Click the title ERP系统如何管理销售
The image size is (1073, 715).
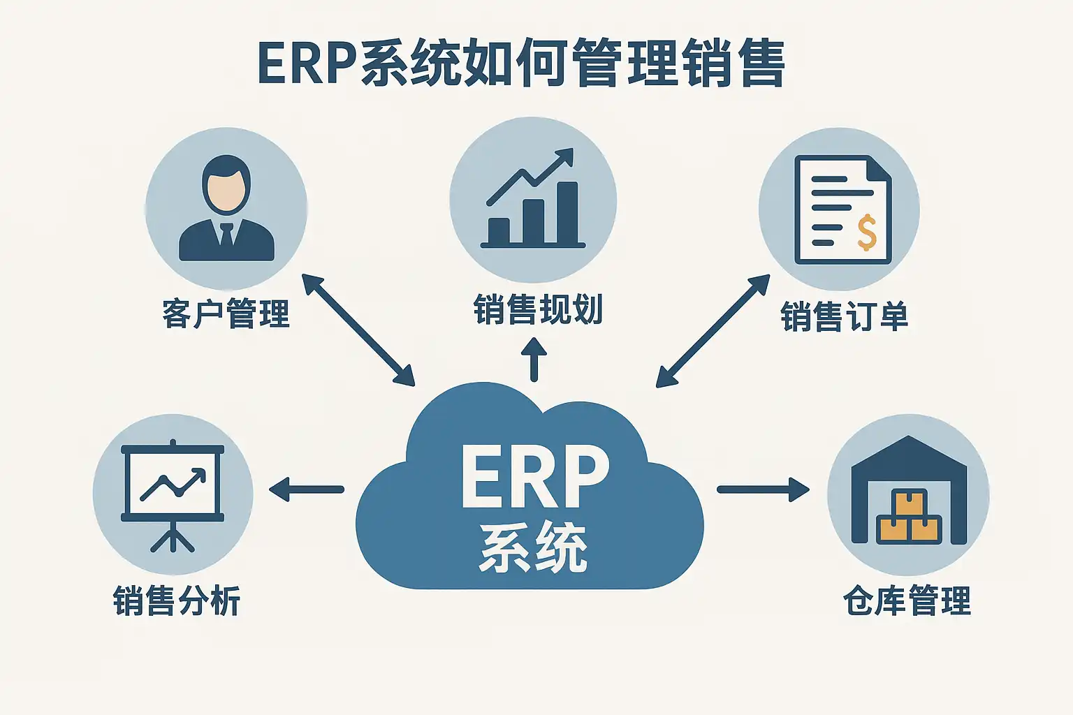coord(521,64)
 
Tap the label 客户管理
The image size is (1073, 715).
coord(226,314)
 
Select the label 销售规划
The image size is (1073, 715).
coord(537,309)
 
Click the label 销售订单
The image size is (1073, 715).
coord(844,316)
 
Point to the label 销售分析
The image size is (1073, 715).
coord(177,600)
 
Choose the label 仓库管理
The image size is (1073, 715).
coord(907,600)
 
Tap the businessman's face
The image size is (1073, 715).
coord(226,189)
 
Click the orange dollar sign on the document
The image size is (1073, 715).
coord(867,233)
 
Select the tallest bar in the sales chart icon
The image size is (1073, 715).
coord(567,212)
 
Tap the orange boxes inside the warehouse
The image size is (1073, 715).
coord(908,520)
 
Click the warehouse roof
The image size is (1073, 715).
coord(908,454)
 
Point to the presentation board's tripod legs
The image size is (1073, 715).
coord(173,538)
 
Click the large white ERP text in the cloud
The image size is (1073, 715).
coord(534,477)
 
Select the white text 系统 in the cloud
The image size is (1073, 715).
coord(533,549)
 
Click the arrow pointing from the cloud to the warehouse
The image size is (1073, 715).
coord(763,489)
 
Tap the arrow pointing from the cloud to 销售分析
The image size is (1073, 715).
coord(307,489)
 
